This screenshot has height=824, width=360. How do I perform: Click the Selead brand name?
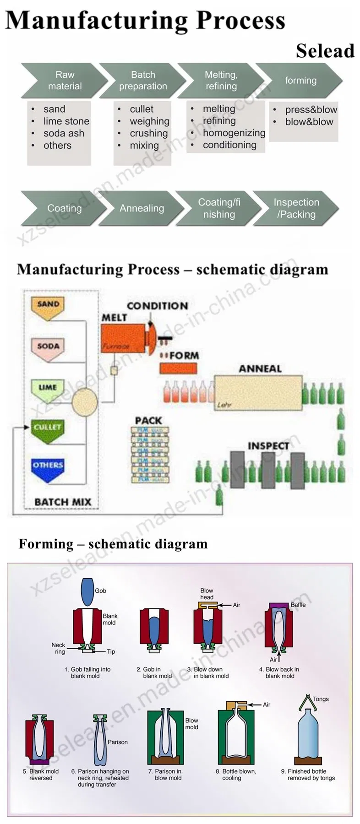325,50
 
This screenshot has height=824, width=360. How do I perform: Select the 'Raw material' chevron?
65,80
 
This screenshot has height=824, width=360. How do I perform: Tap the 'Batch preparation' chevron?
142,80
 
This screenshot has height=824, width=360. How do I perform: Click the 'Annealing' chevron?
142,208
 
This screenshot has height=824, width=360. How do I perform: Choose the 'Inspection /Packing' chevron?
296,208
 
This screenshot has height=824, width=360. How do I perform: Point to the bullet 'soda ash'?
64,133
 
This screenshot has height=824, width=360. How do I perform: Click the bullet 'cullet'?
142,109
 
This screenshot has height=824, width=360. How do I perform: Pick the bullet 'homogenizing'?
234,133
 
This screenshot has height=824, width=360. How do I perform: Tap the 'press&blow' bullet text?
311,109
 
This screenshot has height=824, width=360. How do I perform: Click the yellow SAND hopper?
48,307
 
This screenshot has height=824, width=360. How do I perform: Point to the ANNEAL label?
260,369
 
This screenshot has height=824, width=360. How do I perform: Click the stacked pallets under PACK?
150,454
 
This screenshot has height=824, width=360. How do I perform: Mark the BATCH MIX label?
63,502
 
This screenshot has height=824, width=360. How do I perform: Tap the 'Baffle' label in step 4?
298,605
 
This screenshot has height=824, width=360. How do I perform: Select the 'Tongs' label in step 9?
321,699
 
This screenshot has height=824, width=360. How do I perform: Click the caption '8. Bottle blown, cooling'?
235,775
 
